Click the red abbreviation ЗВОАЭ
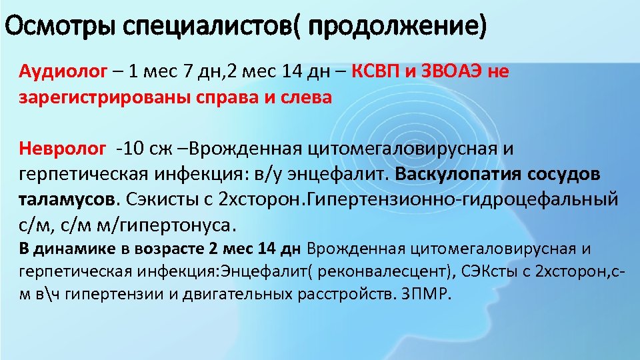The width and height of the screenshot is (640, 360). pos(452,72)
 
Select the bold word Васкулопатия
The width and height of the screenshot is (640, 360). pos(459,173)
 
